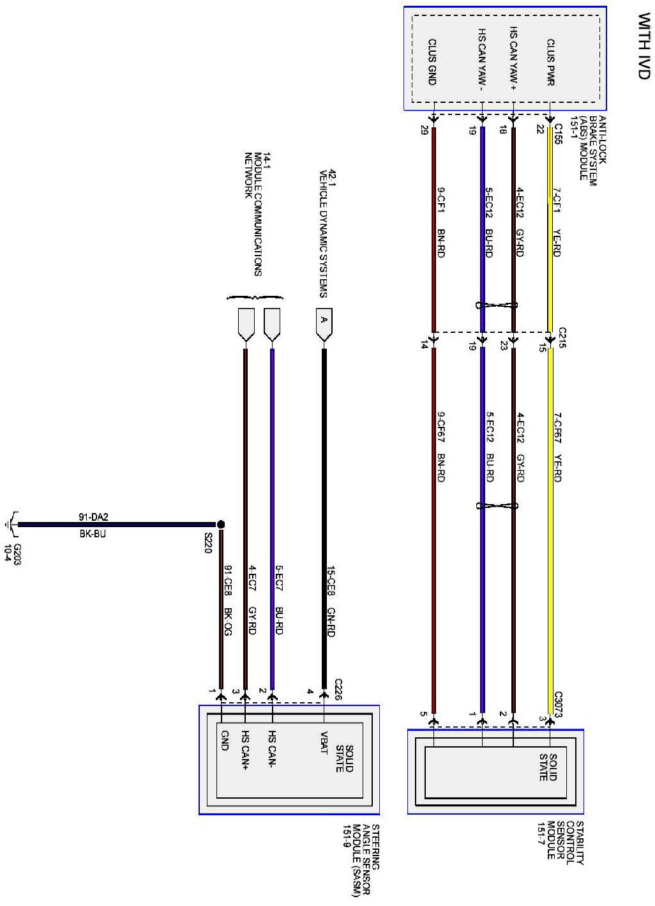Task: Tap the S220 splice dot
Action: [221, 525]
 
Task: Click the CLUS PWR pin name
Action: [550, 63]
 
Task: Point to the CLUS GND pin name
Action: [432, 63]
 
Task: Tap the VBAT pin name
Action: [324, 742]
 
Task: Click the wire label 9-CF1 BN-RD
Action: [441, 222]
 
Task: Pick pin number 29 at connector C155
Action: [424, 130]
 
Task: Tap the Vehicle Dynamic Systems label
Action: [328, 233]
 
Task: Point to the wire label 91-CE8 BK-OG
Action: [228, 600]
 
